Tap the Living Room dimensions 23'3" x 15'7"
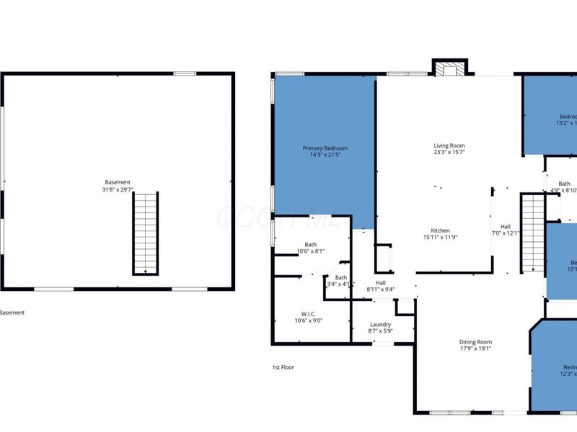coord(449,153)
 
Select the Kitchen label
coord(441,230)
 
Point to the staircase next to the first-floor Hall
coord(532,233)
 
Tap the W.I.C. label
coord(309,313)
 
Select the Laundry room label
coord(380,324)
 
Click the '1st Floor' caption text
coord(283,367)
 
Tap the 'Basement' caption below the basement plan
coord(12,312)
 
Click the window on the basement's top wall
coord(185,73)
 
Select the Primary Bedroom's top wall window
coord(289,73)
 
